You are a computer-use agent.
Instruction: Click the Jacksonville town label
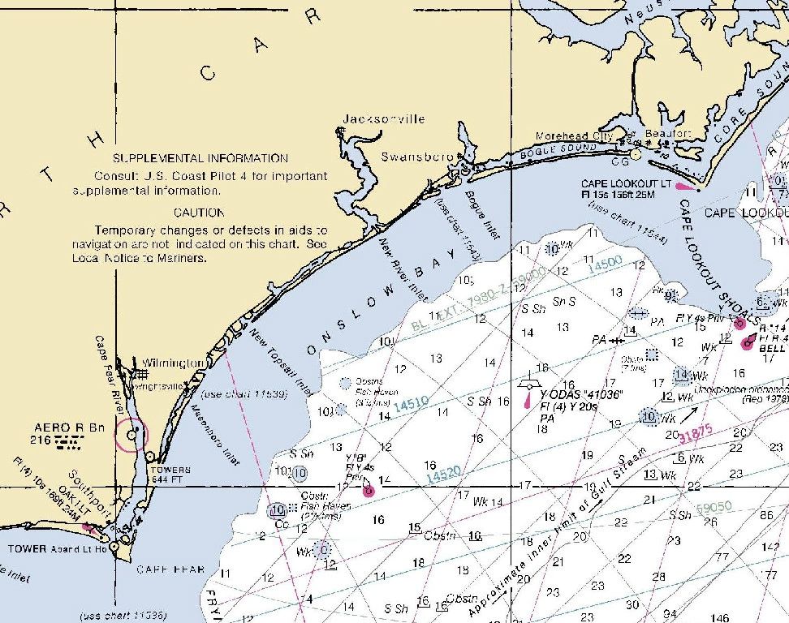point(383,119)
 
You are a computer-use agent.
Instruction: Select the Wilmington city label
point(173,363)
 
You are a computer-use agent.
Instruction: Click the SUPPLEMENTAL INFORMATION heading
point(200,158)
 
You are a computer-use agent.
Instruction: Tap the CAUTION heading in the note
point(199,213)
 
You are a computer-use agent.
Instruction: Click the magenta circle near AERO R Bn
point(131,434)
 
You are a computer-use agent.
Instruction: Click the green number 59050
point(714,507)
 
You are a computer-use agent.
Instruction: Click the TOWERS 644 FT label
point(170,475)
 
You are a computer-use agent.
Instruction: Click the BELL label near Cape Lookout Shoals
point(772,347)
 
